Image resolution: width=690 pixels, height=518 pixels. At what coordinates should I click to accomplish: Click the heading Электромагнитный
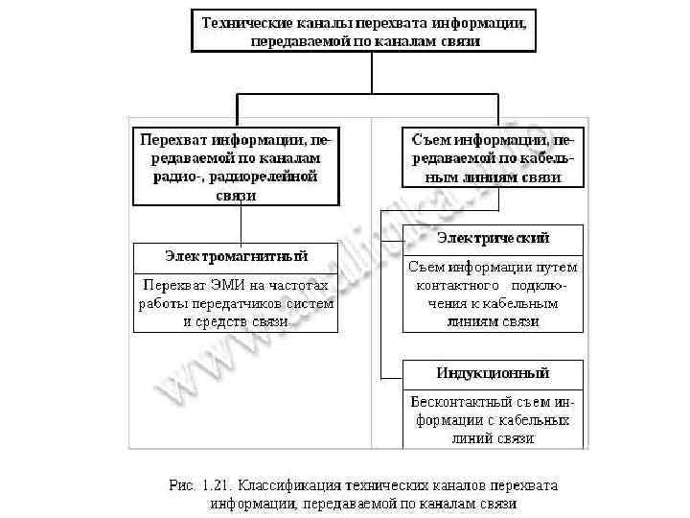236,256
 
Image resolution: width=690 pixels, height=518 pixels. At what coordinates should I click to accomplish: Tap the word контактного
455,286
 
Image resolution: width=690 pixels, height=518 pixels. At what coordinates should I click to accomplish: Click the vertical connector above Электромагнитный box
240,224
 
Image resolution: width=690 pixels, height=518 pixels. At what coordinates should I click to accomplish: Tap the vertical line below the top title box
363,73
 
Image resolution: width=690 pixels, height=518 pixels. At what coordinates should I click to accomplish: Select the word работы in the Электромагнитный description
161,303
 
